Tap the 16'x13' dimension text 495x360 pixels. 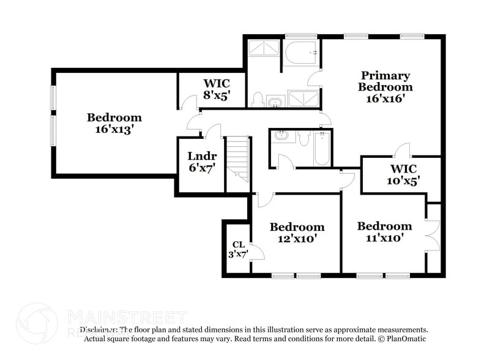point(114,130)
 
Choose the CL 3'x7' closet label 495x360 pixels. point(239,249)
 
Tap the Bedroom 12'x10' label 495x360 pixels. point(297,233)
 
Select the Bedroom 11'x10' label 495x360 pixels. point(384,231)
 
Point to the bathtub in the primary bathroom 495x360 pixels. point(301,53)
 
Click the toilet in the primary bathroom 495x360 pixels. point(258,100)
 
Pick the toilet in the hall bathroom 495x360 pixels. point(304,139)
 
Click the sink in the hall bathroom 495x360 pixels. point(282,135)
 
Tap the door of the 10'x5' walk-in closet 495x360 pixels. point(401,150)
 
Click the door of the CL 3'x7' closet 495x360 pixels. point(257,252)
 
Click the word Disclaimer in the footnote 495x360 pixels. point(98,329)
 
